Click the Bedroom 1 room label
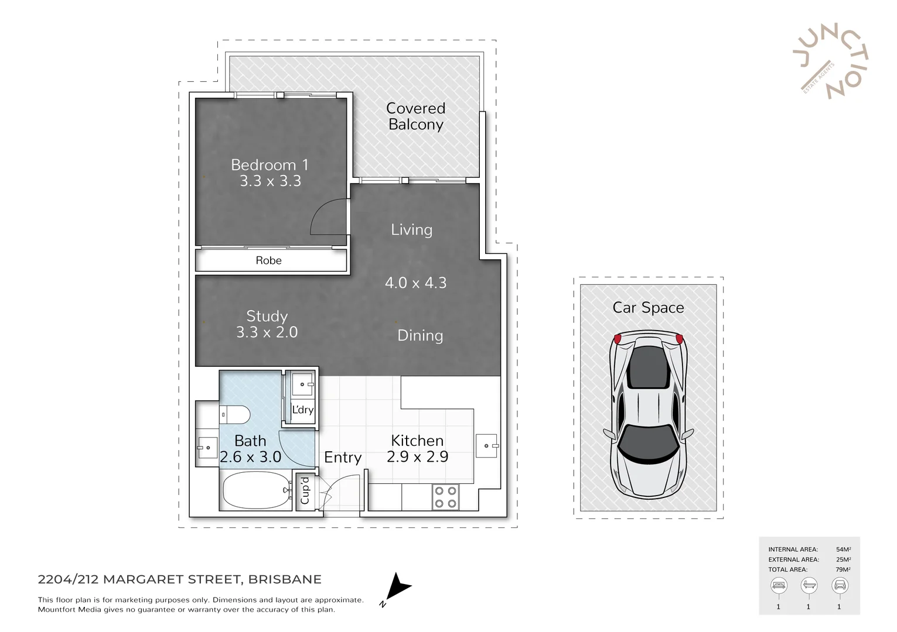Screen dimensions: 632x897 pos(270,165)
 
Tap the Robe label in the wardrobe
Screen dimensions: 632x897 pos(268,260)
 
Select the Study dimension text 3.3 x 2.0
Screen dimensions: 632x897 pos(267,332)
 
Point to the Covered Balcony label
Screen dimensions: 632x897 pos(416,116)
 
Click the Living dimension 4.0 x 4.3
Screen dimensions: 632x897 pos(416,283)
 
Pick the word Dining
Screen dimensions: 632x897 pos(420,335)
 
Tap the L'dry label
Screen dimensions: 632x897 pos(303,410)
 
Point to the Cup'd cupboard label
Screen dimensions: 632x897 pos(305,490)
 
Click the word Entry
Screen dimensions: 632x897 pos(343,458)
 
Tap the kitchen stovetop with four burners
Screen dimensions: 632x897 pos(445,497)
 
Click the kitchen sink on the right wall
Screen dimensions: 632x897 pos(486,446)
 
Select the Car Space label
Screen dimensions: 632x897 pos(648,308)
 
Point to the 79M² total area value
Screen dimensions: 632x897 pos(843,569)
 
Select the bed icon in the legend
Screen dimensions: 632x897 pos(779,585)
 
